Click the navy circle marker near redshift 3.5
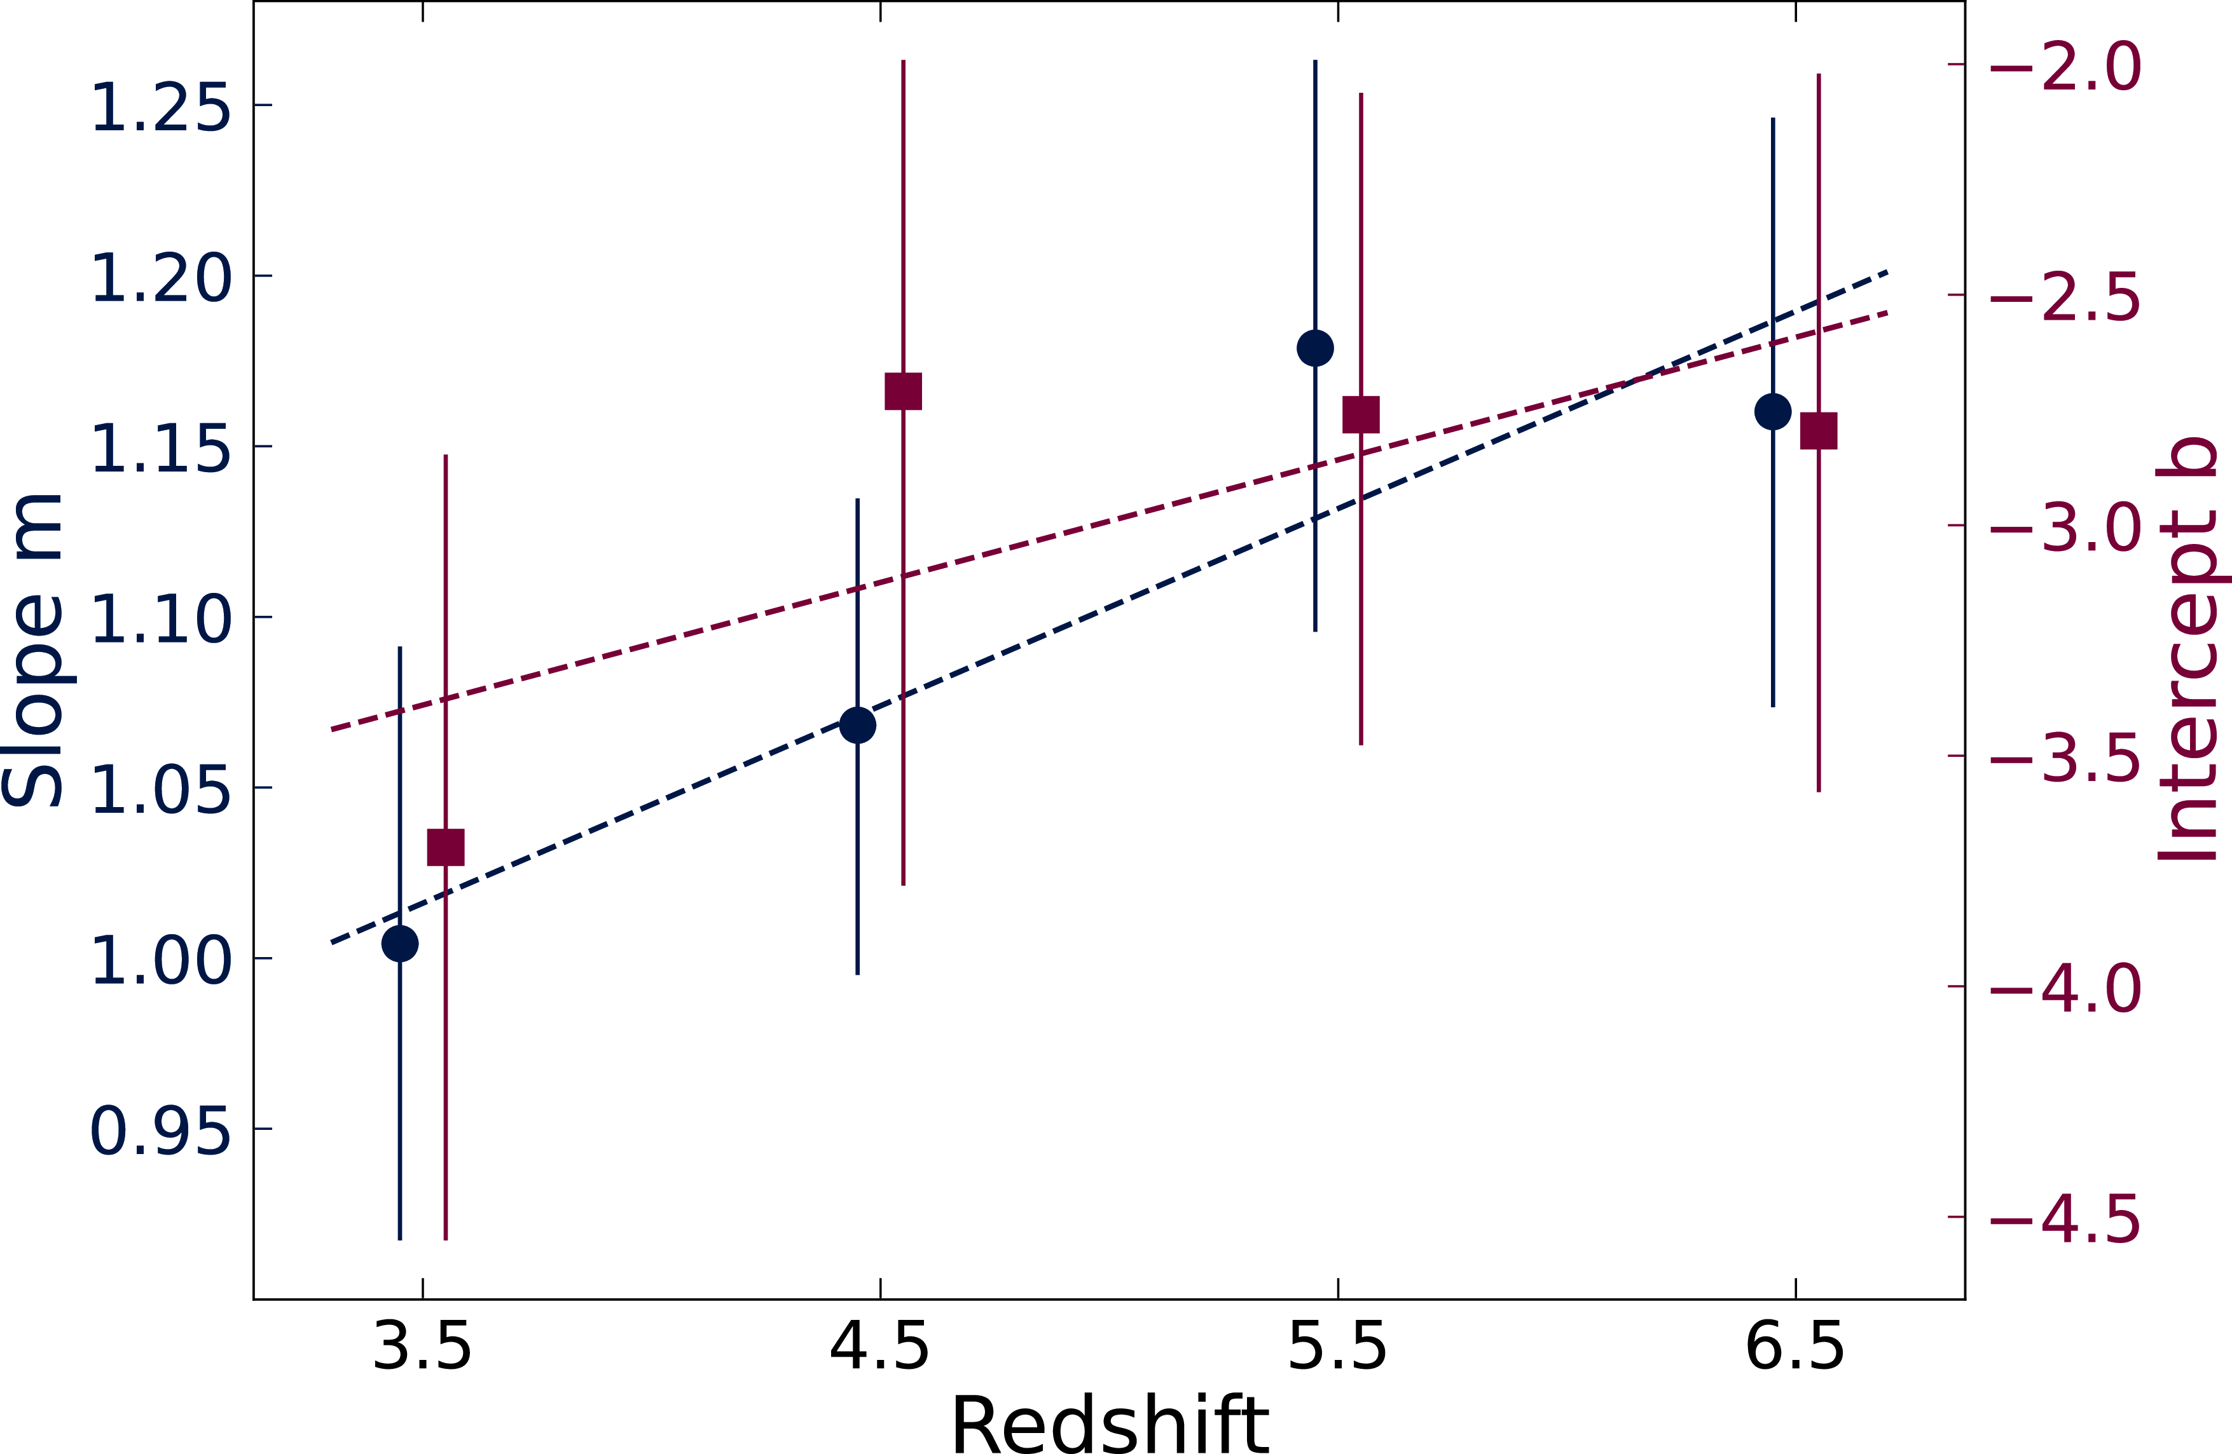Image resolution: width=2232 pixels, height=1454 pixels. pyautogui.click(x=401, y=943)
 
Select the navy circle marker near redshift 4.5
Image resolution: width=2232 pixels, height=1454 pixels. pyautogui.click(x=857, y=724)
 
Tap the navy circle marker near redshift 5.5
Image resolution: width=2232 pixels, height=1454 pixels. pyautogui.click(x=1315, y=348)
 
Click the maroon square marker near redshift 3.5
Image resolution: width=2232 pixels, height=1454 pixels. pyautogui.click(x=446, y=846)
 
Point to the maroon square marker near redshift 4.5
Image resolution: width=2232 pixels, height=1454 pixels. pyautogui.click(x=903, y=391)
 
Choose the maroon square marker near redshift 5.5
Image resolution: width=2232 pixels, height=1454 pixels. pyautogui.click(x=1361, y=414)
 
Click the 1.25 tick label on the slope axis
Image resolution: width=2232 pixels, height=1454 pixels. pyautogui.click(x=160, y=107)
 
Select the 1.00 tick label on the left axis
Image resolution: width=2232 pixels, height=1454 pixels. pyautogui.click(x=160, y=960)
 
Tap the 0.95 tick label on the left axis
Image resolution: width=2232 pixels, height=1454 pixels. pyautogui.click(x=160, y=1131)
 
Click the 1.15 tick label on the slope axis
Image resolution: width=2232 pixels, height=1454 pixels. pyautogui.click(x=160, y=448)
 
